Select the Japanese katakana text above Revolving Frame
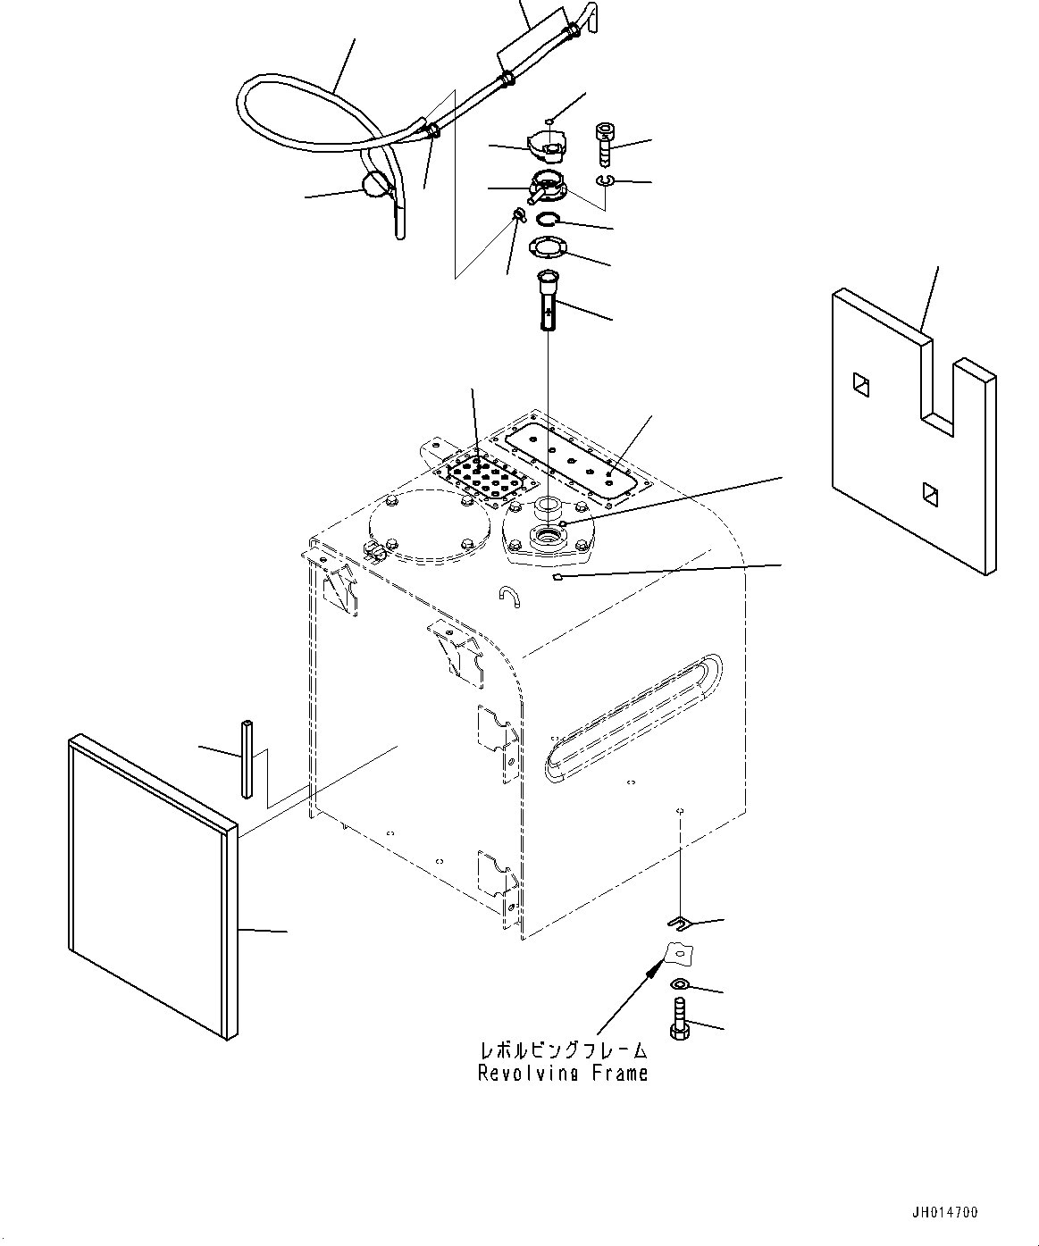563,1050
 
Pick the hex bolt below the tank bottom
679,1019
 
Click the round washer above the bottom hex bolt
679,984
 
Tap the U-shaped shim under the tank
681,922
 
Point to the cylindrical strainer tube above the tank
546,301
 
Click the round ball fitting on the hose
374,186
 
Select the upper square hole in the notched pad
860,384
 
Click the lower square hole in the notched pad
929,490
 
